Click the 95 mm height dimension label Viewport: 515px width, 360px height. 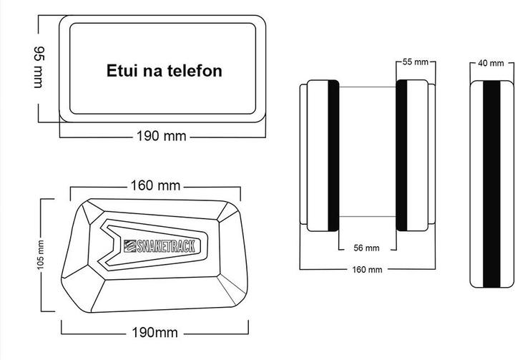[x=39, y=67]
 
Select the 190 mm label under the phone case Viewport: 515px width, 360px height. [x=161, y=136]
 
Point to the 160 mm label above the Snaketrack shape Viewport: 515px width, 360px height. [x=155, y=185]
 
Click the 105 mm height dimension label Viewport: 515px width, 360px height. [x=40, y=255]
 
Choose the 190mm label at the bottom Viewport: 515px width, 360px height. [x=154, y=332]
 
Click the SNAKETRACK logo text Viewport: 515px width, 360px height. [x=165, y=246]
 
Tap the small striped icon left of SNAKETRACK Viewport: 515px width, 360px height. [x=129, y=246]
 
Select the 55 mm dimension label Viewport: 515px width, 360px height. [x=416, y=62]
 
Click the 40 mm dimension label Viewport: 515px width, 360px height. [x=491, y=63]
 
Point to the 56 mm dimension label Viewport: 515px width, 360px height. [x=366, y=248]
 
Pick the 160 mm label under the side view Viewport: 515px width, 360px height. [x=367, y=270]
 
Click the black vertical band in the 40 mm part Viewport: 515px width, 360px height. [x=491, y=184]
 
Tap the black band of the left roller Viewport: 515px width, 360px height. [x=333, y=155]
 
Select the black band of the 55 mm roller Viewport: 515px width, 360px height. [x=401, y=155]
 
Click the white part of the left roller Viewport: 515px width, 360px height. [x=318, y=155]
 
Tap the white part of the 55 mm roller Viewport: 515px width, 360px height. [x=418, y=155]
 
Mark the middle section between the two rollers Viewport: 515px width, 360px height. [x=368, y=152]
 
